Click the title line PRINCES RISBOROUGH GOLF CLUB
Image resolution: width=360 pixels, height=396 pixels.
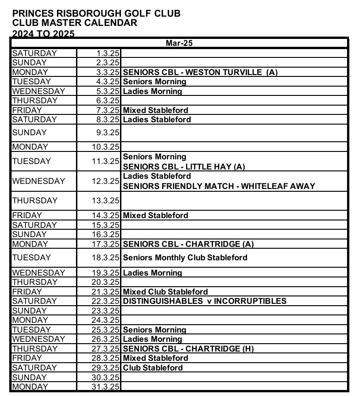96,13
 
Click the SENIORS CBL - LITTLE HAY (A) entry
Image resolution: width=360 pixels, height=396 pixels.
183,167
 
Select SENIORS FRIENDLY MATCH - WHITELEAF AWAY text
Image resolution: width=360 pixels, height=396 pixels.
219,186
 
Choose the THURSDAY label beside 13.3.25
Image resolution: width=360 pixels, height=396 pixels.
35,201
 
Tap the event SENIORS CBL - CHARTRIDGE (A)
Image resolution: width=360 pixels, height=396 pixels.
189,244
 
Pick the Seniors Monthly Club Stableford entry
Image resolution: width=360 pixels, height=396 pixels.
185,258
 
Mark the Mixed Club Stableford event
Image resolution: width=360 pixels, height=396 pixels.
165,292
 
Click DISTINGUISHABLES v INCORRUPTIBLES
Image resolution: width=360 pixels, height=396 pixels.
204,301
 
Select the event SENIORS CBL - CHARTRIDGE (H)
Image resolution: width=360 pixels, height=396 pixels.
189,349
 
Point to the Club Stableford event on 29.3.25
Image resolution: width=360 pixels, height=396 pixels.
153,368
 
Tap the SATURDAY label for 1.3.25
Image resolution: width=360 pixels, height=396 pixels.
35,53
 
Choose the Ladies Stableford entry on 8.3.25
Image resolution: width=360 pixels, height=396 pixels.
157,119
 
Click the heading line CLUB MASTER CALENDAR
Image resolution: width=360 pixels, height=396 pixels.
75,23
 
